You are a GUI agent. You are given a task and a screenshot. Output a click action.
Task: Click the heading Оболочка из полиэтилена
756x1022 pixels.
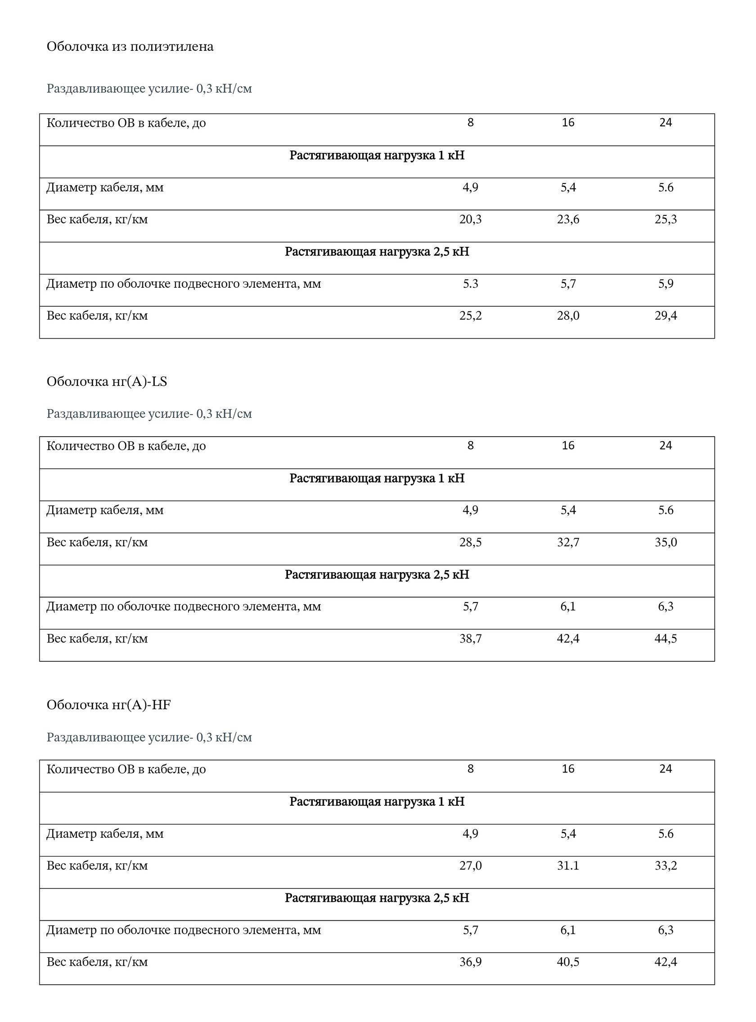(x=130, y=47)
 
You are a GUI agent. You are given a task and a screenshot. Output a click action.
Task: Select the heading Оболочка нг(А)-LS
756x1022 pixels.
(x=107, y=381)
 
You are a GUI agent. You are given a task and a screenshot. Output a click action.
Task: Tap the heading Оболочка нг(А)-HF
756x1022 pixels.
(x=108, y=705)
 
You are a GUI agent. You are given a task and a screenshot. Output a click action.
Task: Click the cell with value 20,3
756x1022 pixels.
(x=470, y=219)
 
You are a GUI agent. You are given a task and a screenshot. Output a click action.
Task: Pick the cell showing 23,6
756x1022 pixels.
(x=568, y=219)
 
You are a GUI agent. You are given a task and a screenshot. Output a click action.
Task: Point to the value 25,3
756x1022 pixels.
(x=666, y=219)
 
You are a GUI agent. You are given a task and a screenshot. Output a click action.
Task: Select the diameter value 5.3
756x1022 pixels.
(x=470, y=284)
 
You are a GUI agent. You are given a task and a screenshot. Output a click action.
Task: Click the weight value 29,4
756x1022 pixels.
(x=666, y=316)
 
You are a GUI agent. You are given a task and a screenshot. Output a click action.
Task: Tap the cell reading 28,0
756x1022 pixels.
(x=568, y=316)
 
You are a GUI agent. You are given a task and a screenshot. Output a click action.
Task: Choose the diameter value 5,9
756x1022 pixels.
(x=666, y=284)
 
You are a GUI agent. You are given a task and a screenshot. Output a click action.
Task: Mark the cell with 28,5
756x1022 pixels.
(x=470, y=542)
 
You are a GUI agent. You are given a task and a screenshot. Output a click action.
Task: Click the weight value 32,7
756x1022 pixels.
(x=568, y=542)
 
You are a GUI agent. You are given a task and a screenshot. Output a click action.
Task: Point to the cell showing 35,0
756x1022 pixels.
(x=666, y=542)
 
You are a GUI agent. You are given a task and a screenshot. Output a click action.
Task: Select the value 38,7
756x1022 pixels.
(x=470, y=638)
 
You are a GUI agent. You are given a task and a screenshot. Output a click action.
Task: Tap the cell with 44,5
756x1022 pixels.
(x=666, y=638)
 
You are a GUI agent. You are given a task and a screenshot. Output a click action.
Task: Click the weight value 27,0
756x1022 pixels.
(x=470, y=866)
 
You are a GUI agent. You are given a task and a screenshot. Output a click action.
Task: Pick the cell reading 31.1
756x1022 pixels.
(x=568, y=866)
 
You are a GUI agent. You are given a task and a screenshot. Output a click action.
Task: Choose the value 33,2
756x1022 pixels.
(x=666, y=866)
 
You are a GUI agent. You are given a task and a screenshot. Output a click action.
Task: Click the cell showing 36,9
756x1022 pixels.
(x=470, y=962)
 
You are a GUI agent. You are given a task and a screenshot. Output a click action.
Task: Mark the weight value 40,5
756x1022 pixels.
(x=568, y=962)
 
